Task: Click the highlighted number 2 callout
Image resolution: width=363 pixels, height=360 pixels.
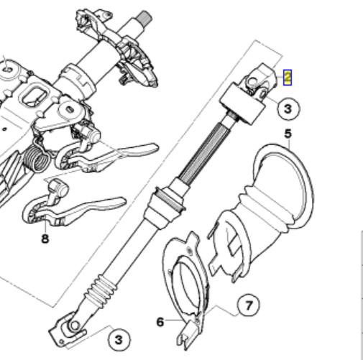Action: coord(288,77)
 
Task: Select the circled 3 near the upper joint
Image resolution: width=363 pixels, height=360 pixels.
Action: coord(288,109)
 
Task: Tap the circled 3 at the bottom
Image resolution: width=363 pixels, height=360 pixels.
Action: coord(119,340)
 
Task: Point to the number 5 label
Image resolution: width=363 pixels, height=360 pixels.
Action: coord(288,134)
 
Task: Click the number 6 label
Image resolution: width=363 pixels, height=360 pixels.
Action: coord(160,322)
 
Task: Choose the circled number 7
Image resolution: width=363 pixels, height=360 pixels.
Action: coord(248,306)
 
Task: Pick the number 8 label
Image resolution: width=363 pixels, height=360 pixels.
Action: coord(45,239)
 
